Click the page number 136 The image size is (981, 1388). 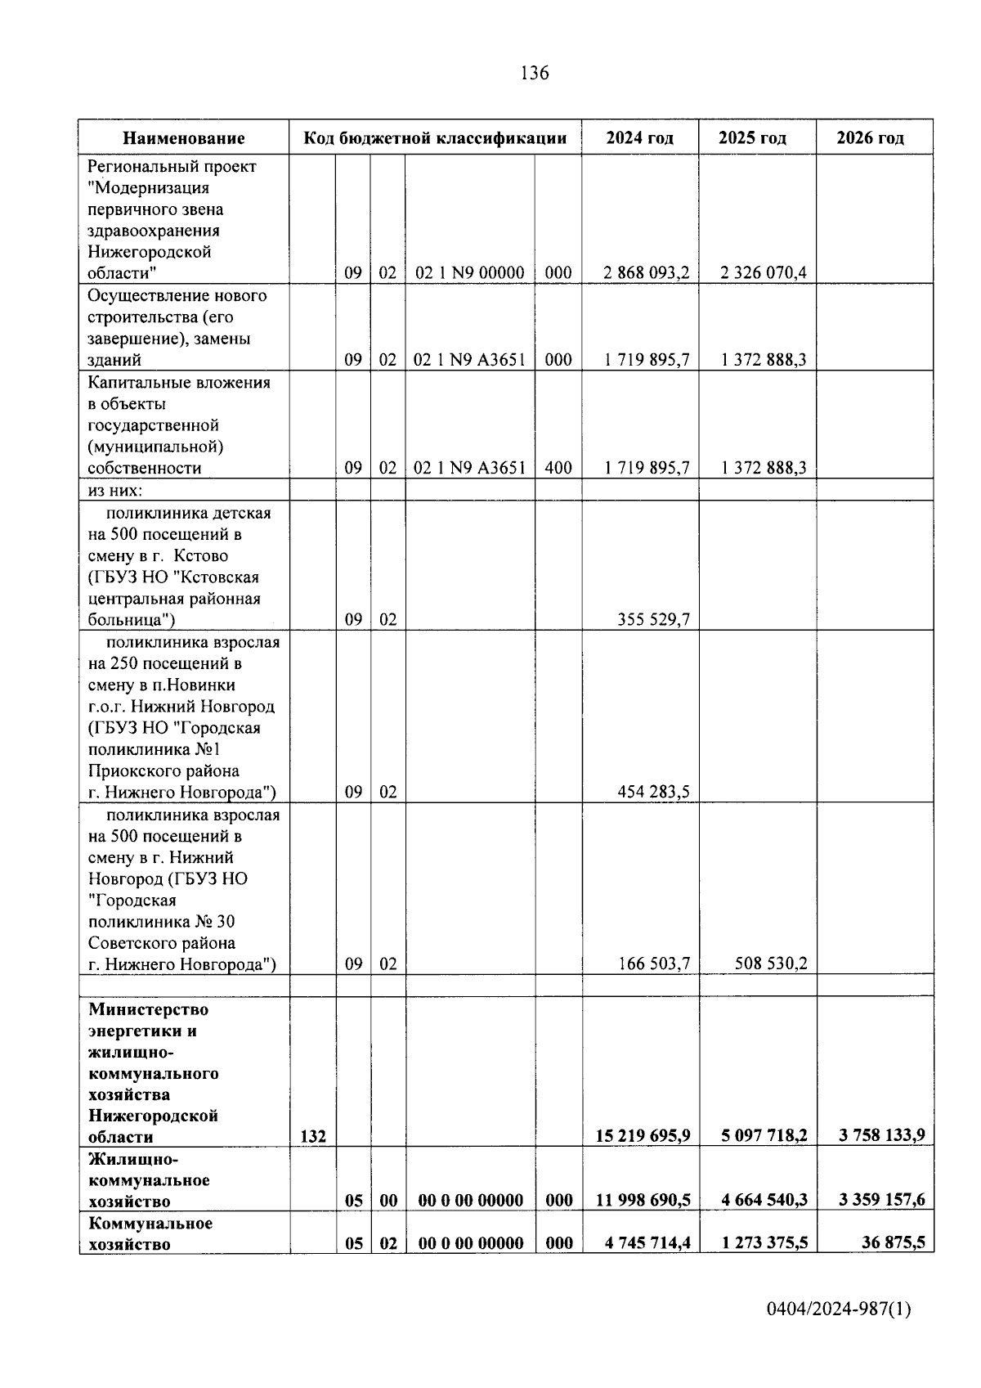click(x=535, y=74)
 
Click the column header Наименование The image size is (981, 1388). click(x=184, y=138)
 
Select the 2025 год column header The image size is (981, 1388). click(x=752, y=138)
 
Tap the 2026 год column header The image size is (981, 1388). click(x=870, y=138)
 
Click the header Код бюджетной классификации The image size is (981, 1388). click(x=435, y=138)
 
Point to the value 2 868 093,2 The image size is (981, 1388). click(x=646, y=273)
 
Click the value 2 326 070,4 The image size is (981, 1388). click(x=764, y=273)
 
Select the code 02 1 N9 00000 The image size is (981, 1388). click(x=469, y=273)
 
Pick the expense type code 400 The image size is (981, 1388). click(x=558, y=469)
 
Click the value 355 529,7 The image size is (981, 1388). click(x=653, y=620)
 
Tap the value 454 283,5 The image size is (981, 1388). click(x=653, y=792)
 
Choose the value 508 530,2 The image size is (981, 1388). click(x=771, y=964)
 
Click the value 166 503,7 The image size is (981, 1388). click(x=653, y=964)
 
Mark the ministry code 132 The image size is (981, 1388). click(x=312, y=1137)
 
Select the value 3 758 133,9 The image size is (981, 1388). click(x=881, y=1136)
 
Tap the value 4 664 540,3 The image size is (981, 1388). click(x=764, y=1201)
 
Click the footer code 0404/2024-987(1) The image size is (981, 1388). click(x=838, y=1310)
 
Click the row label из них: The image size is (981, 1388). click(x=115, y=490)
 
